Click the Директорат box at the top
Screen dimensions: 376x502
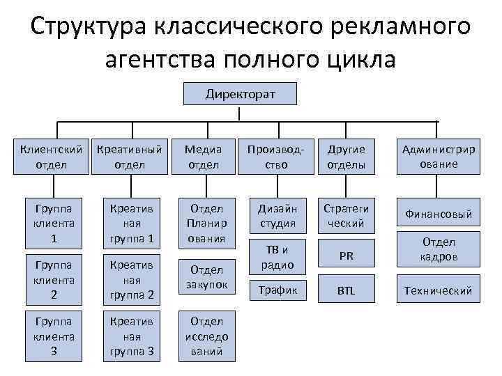(x=240, y=93)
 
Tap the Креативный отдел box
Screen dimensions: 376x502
(x=129, y=157)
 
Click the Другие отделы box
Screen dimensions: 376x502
(x=347, y=157)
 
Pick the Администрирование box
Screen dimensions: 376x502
(x=439, y=157)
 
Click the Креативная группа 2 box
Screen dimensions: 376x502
(x=129, y=279)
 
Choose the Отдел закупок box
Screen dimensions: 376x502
(x=206, y=276)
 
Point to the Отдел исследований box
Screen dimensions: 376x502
(x=206, y=336)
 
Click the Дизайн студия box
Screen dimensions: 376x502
(x=277, y=216)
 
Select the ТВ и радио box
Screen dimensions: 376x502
(x=277, y=256)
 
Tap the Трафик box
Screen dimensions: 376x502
(x=277, y=290)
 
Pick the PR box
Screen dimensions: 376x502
(x=347, y=256)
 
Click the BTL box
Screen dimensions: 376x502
(x=347, y=290)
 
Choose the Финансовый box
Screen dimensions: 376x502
(x=439, y=214)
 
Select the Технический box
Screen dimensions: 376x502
(x=439, y=290)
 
